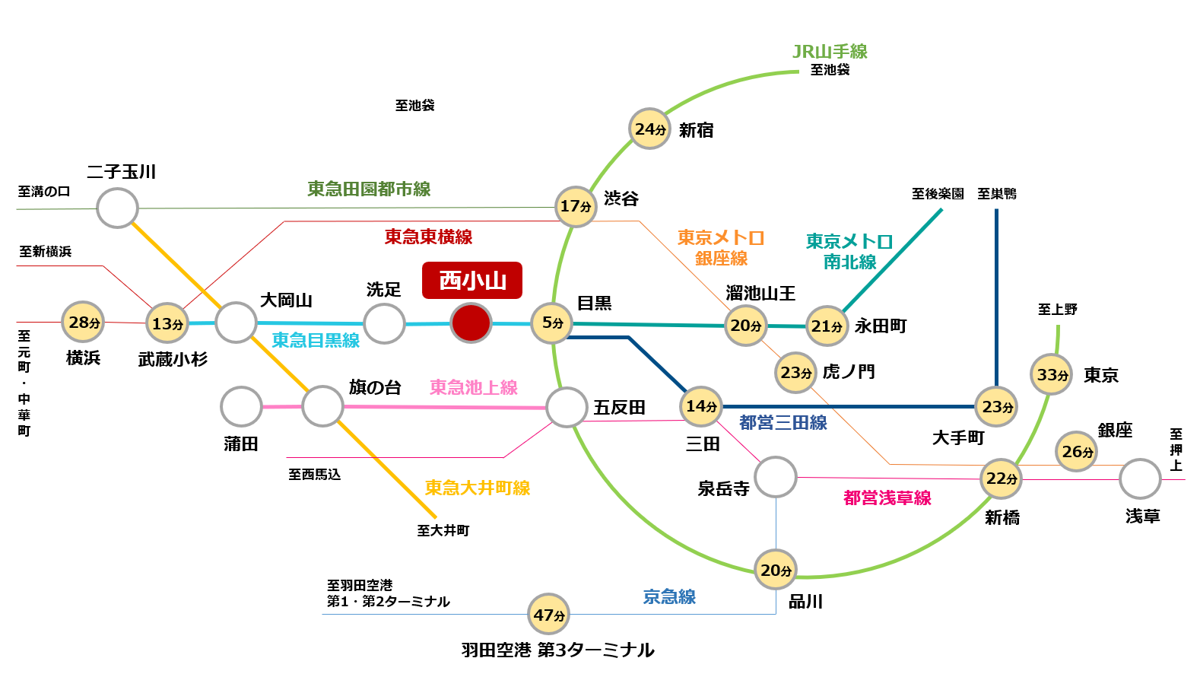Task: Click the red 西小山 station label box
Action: (x=472, y=280)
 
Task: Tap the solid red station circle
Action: (x=471, y=323)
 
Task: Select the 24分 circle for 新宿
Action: (x=650, y=129)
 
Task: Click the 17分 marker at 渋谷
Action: (x=576, y=206)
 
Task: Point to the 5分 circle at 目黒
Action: (x=552, y=323)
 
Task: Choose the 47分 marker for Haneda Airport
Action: (x=549, y=614)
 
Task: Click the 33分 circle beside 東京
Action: (x=1052, y=374)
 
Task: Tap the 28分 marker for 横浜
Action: (x=83, y=322)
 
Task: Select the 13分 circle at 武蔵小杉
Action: (x=167, y=323)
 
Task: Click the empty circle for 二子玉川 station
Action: (x=118, y=208)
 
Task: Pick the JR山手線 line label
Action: (x=830, y=52)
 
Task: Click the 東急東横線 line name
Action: (x=428, y=237)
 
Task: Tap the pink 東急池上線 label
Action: (x=473, y=387)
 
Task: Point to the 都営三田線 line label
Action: (x=783, y=422)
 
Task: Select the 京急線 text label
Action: (x=669, y=596)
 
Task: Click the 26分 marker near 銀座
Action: (x=1077, y=451)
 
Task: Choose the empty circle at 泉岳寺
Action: (x=776, y=477)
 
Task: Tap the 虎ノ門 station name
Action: (x=849, y=372)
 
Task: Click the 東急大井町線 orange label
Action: (x=477, y=488)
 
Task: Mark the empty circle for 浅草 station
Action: (x=1140, y=479)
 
